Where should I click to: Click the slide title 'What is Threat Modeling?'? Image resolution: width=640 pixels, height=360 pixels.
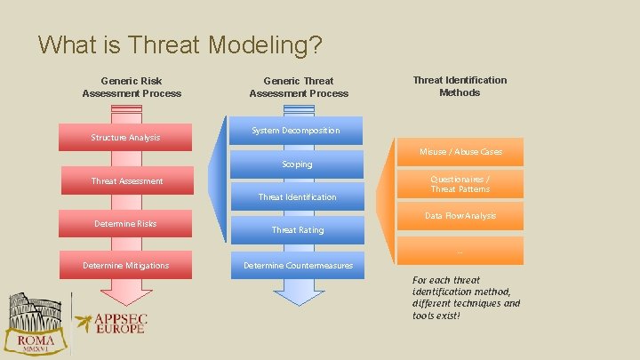180,44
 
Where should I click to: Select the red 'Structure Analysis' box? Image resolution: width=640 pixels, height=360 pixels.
125,137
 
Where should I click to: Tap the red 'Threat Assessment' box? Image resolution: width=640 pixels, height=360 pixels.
127,181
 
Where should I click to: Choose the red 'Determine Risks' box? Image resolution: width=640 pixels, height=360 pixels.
125,223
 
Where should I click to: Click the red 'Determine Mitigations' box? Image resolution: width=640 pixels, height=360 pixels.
125,265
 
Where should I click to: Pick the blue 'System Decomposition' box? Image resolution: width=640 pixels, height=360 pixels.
296,131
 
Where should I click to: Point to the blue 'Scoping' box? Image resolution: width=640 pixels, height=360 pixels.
297,164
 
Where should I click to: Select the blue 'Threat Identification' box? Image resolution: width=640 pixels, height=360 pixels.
297,196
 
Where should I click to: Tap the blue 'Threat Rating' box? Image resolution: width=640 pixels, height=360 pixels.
297,229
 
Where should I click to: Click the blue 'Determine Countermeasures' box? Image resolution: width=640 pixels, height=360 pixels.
298,265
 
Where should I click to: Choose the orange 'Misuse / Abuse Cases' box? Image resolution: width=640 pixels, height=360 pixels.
461,152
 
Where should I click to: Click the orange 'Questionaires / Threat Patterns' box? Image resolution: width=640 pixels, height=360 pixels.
460,184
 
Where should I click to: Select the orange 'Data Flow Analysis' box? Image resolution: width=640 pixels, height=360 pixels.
460,216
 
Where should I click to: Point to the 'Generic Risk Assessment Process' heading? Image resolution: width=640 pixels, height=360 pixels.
132,87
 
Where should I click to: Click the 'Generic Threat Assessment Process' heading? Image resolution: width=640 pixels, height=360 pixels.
299,87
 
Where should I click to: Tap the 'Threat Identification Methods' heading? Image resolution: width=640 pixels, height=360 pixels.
460,86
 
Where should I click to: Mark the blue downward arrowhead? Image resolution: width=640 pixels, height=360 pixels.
298,292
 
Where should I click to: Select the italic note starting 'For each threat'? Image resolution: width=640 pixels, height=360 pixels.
466,298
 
